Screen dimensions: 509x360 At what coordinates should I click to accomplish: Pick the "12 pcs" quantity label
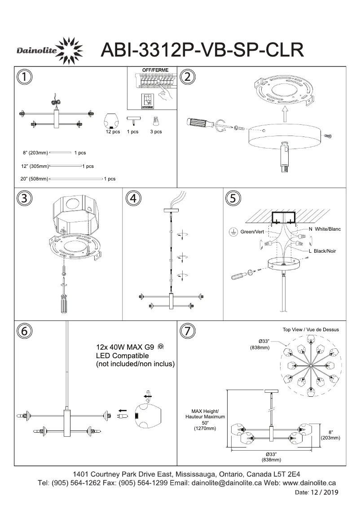113,132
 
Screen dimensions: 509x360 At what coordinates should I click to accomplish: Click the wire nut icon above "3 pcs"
156,121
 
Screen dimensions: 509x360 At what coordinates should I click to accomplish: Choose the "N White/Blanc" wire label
325,229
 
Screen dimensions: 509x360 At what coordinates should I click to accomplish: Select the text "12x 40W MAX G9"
125,347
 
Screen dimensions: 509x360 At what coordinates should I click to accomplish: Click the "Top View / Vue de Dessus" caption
311,329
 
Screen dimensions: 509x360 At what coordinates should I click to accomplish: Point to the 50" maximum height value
205,423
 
